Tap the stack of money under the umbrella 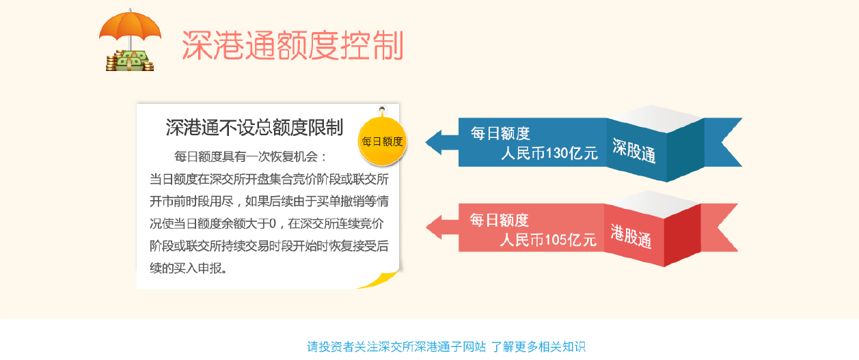point(130,61)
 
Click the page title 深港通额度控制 point(292,46)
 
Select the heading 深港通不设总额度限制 point(254,128)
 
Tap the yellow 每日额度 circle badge point(383,141)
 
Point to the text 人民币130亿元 point(549,154)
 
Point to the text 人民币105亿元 point(547,240)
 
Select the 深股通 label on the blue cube point(634,151)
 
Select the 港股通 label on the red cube point(631,236)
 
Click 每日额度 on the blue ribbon point(500,134)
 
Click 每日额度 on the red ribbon point(499,220)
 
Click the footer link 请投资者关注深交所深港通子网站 point(396,346)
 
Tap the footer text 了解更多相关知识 point(538,346)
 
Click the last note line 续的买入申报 point(189,268)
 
